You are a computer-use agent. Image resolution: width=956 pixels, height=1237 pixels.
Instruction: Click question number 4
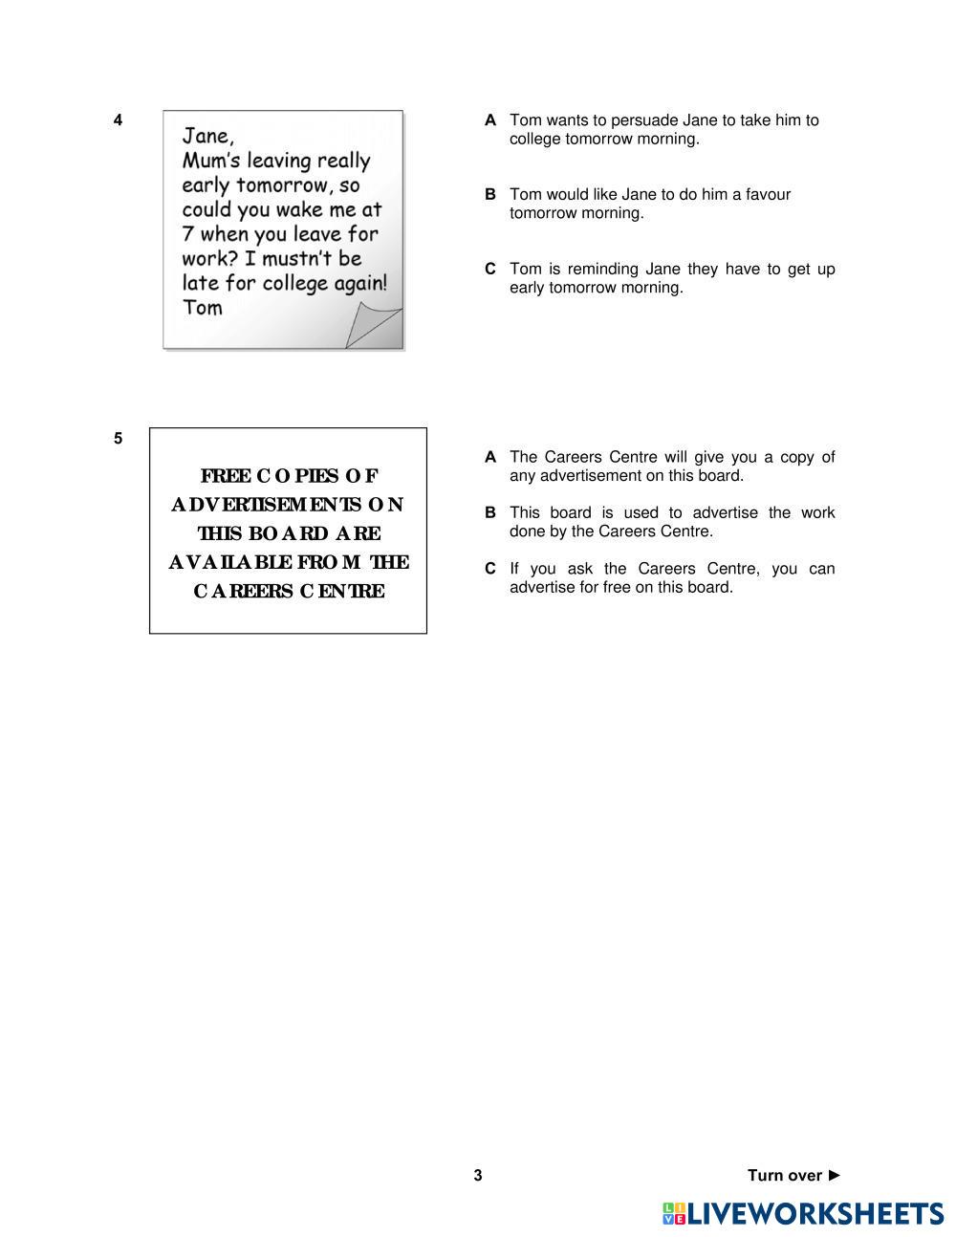(118, 120)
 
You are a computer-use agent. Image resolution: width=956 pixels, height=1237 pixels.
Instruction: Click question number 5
(118, 439)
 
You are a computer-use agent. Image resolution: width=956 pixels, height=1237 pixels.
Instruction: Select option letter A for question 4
(490, 120)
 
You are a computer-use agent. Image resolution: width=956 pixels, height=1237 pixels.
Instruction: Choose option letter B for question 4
(490, 195)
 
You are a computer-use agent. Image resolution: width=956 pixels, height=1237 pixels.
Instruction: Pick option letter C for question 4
(490, 270)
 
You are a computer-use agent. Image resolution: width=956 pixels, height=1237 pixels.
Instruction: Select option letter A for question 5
(490, 458)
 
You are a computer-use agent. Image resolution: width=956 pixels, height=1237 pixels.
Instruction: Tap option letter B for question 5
(490, 513)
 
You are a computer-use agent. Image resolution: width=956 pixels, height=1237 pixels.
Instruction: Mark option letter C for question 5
(490, 570)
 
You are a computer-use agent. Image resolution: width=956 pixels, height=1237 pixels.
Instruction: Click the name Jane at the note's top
(207, 137)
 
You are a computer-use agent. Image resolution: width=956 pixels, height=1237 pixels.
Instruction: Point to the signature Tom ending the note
(203, 308)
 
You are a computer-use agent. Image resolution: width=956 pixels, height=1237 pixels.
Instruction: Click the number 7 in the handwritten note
(188, 234)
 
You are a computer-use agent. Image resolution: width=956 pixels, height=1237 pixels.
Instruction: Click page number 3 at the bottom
(478, 1176)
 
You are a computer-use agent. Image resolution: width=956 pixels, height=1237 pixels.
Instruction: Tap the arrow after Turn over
(835, 1175)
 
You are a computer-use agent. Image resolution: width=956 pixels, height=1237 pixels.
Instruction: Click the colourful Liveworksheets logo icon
(674, 1214)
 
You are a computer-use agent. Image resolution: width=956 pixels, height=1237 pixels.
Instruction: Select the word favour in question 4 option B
(768, 195)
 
